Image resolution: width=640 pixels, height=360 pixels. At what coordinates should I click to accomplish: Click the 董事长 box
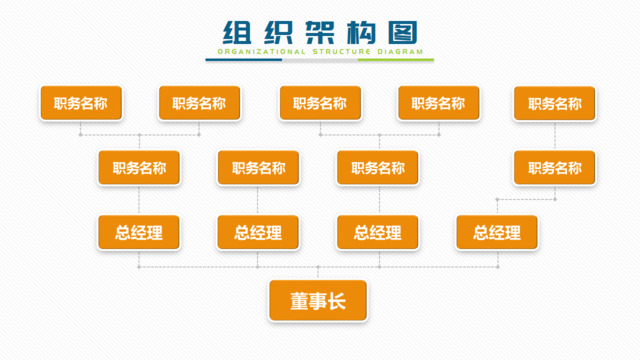pos(318,300)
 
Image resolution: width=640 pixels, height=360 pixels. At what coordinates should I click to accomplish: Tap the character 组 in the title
pos(238,31)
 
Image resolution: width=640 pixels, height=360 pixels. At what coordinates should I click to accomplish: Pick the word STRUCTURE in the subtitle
pos(341,50)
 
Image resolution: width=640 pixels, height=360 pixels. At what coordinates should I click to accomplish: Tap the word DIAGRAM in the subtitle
pos(399,50)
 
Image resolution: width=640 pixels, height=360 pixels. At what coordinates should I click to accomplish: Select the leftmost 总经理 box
pos(139,233)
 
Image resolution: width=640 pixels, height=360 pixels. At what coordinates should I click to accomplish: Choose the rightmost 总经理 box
pos(497,233)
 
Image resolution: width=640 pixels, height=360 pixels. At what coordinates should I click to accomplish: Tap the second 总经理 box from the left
pos(258,233)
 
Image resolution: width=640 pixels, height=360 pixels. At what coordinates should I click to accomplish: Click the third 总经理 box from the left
pos(377,233)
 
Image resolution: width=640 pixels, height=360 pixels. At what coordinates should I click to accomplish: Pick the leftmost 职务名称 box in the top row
pos(81,103)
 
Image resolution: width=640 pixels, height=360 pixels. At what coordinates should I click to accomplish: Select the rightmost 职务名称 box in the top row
pos(554,103)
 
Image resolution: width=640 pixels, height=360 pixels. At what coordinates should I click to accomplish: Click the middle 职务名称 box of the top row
pos(320,103)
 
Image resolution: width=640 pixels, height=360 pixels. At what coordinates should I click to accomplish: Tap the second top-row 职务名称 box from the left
pos(199,103)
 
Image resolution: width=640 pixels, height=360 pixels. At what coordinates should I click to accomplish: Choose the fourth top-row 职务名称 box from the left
pos(438,103)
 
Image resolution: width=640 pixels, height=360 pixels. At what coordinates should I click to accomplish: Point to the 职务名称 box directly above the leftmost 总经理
pos(139,168)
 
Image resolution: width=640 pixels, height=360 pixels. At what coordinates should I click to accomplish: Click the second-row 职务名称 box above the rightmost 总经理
pos(554,168)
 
